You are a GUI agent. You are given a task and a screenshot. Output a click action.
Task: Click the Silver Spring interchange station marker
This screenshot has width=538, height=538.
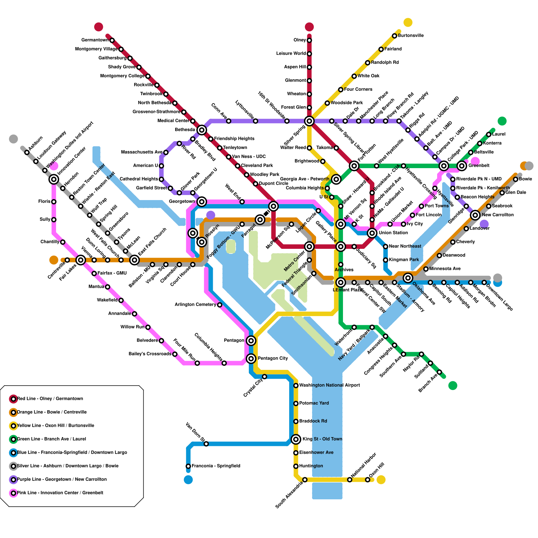[x=309, y=121]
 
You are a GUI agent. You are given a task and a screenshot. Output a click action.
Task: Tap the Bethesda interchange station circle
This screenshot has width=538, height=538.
[x=202, y=130]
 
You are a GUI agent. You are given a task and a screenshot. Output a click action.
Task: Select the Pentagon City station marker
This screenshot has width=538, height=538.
[x=251, y=359]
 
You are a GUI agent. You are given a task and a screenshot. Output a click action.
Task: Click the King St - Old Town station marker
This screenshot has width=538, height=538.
[x=296, y=439]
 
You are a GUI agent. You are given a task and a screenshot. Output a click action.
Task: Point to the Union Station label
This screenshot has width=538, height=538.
[x=393, y=233]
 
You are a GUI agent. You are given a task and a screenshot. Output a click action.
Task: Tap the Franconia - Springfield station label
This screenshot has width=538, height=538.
[x=216, y=466]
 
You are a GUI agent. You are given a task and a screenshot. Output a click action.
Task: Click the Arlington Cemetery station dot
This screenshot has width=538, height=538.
[x=220, y=305]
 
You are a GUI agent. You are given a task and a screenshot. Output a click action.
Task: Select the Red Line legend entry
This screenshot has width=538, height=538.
[x=50, y=399]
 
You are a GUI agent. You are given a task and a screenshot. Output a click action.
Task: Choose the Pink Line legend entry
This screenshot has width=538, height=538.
[x=60, y=493]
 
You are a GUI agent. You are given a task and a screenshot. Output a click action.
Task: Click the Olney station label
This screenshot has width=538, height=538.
[x=300, y=40]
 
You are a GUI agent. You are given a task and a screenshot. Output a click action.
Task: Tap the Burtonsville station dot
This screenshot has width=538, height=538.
[x=394, y=36]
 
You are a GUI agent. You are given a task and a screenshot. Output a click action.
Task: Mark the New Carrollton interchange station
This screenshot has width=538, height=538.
[x=475, y=215]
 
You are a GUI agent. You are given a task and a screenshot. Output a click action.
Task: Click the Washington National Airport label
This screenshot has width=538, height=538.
[x=329, y=385]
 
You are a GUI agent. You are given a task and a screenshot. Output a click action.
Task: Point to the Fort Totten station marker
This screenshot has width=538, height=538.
[x=354, y=165]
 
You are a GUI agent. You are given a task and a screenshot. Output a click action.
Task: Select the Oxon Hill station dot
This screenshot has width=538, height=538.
[x=368, y=479]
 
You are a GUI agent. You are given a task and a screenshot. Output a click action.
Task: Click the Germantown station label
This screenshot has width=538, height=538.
[x=95, y=40]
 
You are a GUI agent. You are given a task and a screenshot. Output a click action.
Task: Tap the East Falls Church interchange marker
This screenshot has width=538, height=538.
[x=134, y=260]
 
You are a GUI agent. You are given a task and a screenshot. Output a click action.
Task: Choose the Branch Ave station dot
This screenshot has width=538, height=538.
[x=439, y=372]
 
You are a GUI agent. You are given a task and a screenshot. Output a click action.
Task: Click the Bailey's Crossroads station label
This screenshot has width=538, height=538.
[x=150, y=354]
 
